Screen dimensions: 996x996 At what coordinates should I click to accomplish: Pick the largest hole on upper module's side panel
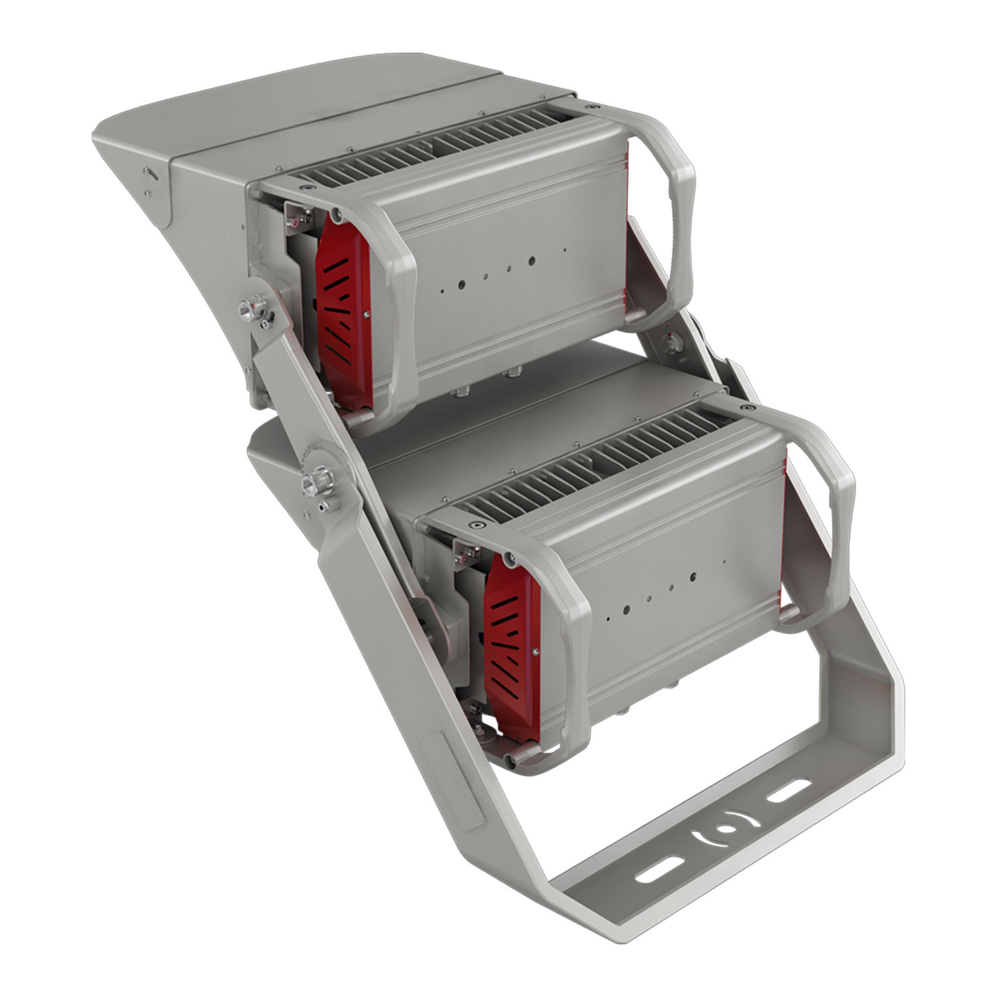click(x=531, y=261)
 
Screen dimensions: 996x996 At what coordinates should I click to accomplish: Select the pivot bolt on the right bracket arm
click(x=673, y=343)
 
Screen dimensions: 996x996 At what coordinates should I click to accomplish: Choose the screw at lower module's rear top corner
click(x=749, y=406)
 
